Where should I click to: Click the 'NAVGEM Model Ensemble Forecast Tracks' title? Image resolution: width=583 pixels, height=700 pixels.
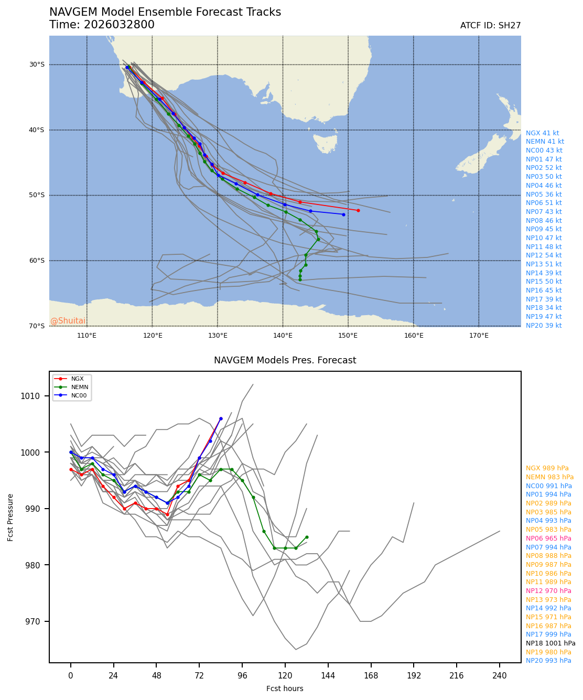click(165, 12)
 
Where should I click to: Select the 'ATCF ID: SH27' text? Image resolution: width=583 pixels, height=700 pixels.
click(490, 26)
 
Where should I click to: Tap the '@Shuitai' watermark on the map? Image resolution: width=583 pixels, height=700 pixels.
click(68, 321)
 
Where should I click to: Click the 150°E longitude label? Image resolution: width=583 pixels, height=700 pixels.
click(348, 336)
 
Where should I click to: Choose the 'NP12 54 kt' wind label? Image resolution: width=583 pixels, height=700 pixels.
click(544, 255)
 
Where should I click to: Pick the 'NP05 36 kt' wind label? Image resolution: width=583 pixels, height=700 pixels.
click(544, 194)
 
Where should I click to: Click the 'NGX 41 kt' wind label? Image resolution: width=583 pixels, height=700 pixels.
click(542, 133)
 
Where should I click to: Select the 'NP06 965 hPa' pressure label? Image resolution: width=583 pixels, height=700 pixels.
click(548, 539)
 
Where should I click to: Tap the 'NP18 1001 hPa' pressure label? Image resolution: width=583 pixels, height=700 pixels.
click(550, 643)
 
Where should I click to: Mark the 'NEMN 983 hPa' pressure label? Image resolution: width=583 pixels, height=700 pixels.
click(549, 477)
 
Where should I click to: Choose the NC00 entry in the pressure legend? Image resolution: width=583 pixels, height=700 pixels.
click(79, 395)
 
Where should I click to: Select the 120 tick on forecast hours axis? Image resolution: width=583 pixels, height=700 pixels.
click(285, 676)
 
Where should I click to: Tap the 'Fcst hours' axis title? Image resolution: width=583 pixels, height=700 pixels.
click(285, 688)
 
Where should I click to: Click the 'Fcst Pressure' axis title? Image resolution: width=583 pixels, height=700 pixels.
click(11, 517)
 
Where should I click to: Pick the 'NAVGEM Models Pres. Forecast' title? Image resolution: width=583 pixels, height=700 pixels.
click(285, 360)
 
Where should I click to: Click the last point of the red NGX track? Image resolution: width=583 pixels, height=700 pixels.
click(358, 210)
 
